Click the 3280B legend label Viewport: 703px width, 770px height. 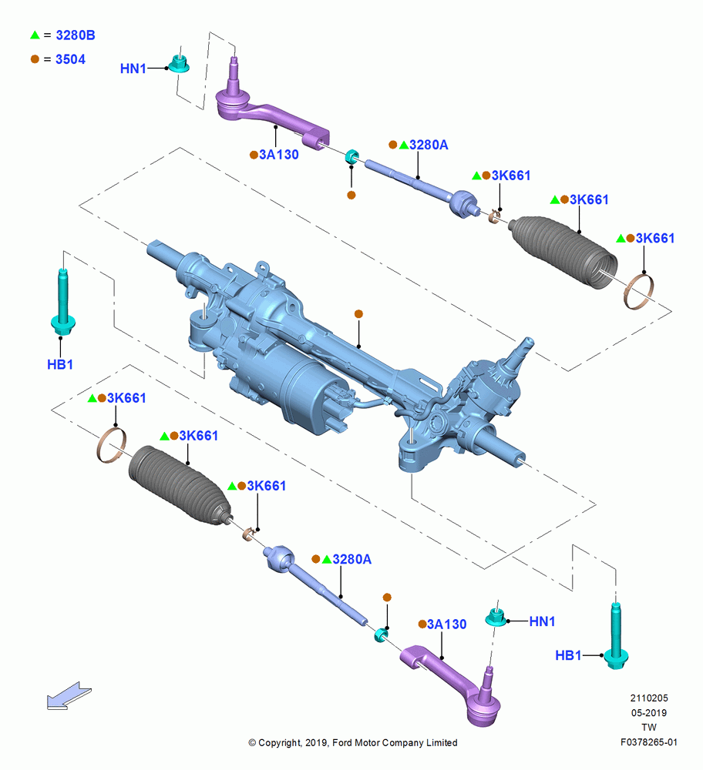coord(76,35)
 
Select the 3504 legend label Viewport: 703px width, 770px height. coord(70,59)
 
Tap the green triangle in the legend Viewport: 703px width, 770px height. coord(35,35)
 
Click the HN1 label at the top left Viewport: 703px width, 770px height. coord(133,69)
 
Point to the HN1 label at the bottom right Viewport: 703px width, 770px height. coord(542,621)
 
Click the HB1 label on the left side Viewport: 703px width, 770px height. coord(60,365)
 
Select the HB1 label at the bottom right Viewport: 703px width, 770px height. coord(568,655)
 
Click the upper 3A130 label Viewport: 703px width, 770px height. coord(279,155)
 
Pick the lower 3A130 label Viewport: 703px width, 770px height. coord(446,624)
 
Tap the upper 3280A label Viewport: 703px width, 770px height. coord(429,145)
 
